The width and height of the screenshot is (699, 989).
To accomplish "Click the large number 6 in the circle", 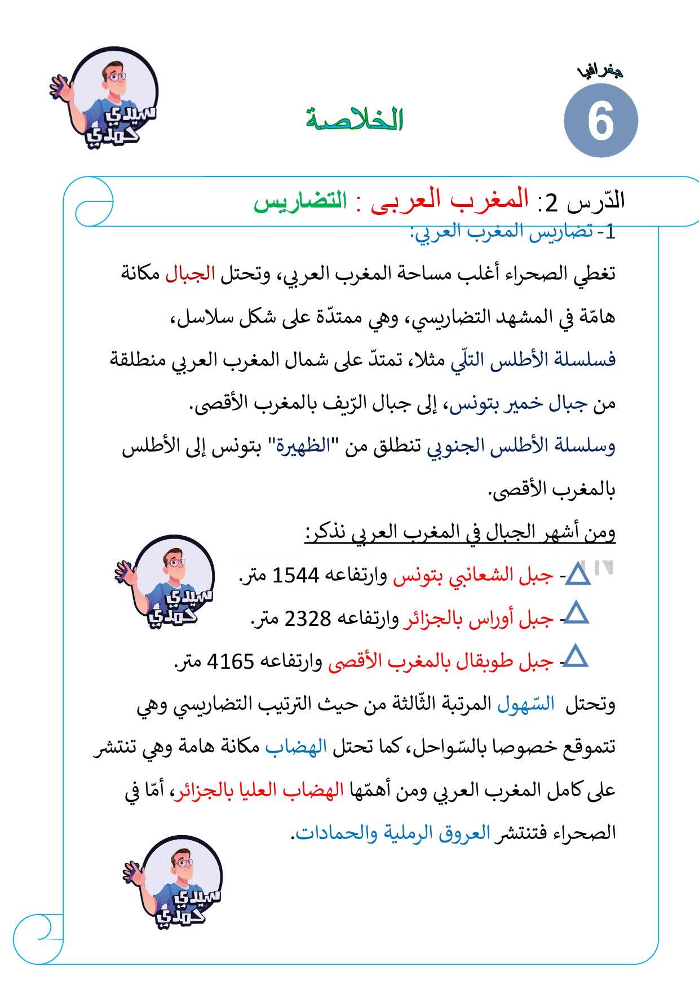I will pos(600,121).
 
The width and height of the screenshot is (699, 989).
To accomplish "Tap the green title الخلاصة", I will pos(355,119).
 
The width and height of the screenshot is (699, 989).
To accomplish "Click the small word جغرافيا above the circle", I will pos(600,72).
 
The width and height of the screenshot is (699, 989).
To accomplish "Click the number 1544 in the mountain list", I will pos(296,576).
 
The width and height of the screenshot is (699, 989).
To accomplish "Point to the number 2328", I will pos(308,619).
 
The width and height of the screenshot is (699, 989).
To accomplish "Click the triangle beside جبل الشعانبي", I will pos(577,575).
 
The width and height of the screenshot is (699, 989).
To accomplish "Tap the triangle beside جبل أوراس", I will pos(576,613).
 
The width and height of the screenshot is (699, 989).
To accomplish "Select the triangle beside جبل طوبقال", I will pos(576,657).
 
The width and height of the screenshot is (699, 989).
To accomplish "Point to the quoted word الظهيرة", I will pos(297,445).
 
